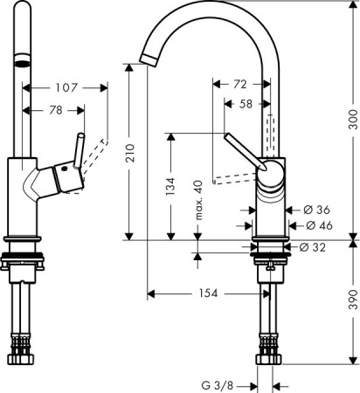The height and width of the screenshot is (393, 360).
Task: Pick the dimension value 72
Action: (239, 85)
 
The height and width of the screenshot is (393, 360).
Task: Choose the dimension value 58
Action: (246, 103)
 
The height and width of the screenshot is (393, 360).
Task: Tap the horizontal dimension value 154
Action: (206, 293)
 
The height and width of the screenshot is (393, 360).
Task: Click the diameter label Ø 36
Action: (315, 210)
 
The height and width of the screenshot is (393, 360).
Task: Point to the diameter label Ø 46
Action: (315, 225)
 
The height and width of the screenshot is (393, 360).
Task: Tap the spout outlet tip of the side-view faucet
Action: (147, 58)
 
